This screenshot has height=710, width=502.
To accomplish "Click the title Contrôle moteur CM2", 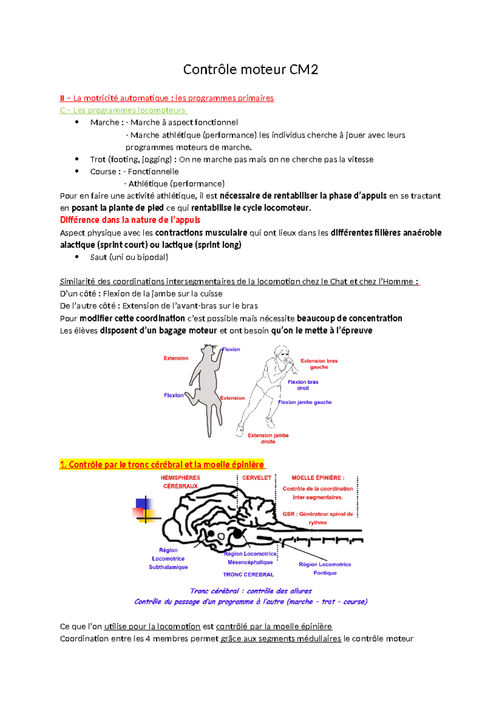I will (251, 69).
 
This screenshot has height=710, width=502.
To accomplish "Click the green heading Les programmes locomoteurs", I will (124, 111).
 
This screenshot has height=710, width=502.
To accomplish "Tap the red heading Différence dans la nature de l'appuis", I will (130, 220).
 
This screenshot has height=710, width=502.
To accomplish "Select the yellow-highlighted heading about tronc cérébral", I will (162, 465).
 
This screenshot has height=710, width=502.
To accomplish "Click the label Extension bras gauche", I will (319, 364).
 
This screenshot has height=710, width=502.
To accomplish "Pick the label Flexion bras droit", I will (303, 385).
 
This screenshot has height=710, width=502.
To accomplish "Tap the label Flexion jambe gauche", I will (305, 402).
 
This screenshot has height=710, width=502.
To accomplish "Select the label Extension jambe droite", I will (268, 438).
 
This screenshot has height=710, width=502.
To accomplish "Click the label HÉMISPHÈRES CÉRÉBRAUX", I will (181, 482).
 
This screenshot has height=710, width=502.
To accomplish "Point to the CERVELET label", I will (257, 478).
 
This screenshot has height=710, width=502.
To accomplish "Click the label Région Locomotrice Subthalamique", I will (168, 559).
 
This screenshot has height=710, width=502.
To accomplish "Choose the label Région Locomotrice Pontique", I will (325, 569).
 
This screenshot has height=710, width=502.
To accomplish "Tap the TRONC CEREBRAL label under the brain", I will (248, 575).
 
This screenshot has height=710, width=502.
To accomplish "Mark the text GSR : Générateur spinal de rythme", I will (318, 518).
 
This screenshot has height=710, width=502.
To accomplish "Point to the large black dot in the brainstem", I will (237, 534).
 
